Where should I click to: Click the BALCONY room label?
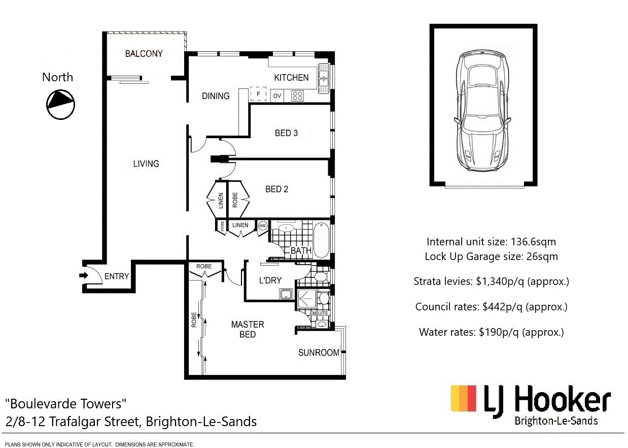(x=144, y=53)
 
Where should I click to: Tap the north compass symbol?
(x=61, y=105)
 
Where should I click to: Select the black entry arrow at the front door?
(x=84, y=276)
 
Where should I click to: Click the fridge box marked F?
(x=258, y=94)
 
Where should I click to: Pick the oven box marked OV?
(x=277, y=95)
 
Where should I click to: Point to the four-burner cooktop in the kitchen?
(x=297, y=95)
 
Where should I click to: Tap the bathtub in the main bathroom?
(x=321, y=240)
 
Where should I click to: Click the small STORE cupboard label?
(x=222, y=227)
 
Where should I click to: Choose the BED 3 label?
(x=286, y=133)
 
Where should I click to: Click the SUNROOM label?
(x=318, y=353)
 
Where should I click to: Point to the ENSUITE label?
(x=319, y=313)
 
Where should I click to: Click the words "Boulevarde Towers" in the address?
(x=65, y=404)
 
